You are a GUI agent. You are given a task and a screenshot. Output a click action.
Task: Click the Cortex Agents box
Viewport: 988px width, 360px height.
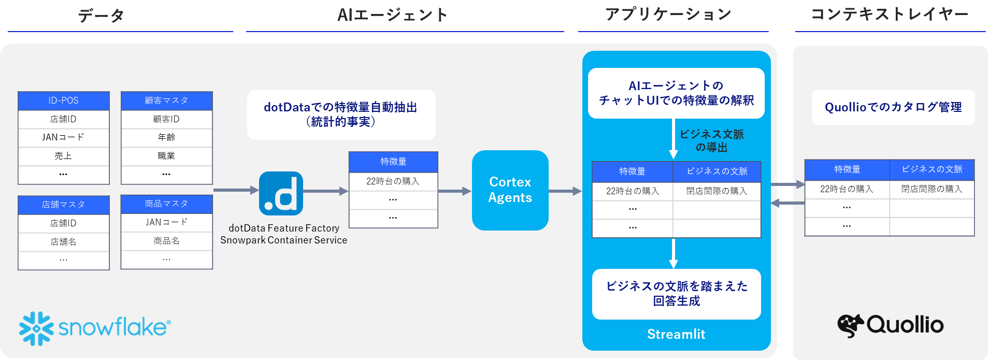click(x=510, y=190)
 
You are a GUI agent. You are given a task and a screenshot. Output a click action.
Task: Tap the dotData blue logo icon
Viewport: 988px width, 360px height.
click(x=281, y=193)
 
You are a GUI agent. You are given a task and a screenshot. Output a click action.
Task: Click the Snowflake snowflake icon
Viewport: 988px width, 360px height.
click(x=36, y=328)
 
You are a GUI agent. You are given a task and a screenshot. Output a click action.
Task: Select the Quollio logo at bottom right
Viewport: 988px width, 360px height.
click(x=890, y=325)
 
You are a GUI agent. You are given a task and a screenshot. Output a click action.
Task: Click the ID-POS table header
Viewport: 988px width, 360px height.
click(x=63, y=100)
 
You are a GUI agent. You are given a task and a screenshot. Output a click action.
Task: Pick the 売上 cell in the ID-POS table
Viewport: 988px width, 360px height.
click(x=63, y=156)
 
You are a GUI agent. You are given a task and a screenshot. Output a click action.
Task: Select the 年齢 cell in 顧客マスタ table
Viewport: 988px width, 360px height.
click(x=166, y=137)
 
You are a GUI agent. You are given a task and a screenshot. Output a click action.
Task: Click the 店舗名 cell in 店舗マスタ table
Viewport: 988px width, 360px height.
click(x=63, y=242)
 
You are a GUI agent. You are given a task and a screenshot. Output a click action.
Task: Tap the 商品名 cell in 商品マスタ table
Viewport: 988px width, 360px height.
click(x=166, y=241)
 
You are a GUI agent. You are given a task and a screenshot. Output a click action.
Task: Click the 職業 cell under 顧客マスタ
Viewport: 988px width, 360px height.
click(x=166, y=156)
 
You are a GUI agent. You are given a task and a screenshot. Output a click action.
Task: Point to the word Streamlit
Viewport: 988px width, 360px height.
click(x=676, y=334)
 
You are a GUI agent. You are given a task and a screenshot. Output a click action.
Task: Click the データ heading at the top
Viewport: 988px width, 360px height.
click(x=101, y=16)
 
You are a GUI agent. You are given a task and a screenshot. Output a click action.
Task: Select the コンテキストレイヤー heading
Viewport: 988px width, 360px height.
click(x=889, y=15)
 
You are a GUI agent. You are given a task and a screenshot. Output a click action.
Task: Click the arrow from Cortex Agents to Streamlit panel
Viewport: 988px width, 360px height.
click(x=565, y=191)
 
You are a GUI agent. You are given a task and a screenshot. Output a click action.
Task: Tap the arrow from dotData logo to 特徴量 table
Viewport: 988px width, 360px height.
click(x=325, y=191)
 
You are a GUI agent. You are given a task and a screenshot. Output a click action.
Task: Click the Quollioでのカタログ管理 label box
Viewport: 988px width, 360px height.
click(x=893, y=107)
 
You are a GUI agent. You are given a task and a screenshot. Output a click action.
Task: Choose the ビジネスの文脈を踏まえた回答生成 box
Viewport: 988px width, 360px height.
click(x=676, y=294)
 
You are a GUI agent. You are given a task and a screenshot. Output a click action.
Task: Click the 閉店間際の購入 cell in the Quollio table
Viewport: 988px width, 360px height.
click(x=932, y=189)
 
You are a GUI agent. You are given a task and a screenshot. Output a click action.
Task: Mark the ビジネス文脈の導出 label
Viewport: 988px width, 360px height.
click(x=711, y=141)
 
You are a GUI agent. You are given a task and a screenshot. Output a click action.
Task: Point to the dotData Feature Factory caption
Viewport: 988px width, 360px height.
click(x=284, y=228)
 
